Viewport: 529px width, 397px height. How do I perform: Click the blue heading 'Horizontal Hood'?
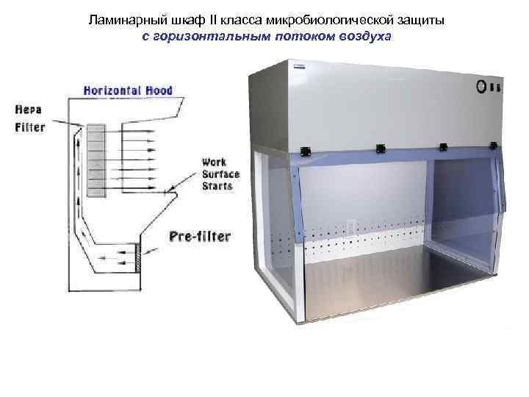point(128,91)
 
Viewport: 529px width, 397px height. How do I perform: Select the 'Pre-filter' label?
point(200,237)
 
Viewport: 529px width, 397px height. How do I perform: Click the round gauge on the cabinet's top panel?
point(483,85)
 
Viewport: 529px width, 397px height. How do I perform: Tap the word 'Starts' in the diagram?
point(217,186)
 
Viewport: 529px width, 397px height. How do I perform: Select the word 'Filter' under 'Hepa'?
point(30,126)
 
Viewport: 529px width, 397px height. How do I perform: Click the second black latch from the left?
point(381,149)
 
